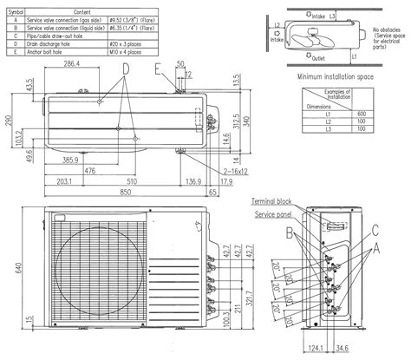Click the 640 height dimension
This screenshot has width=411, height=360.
tap(6, 269)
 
